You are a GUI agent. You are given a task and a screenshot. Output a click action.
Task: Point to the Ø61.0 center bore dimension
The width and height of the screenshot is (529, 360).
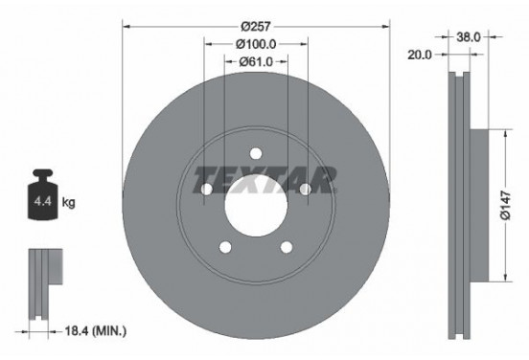[x=256, y=63]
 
